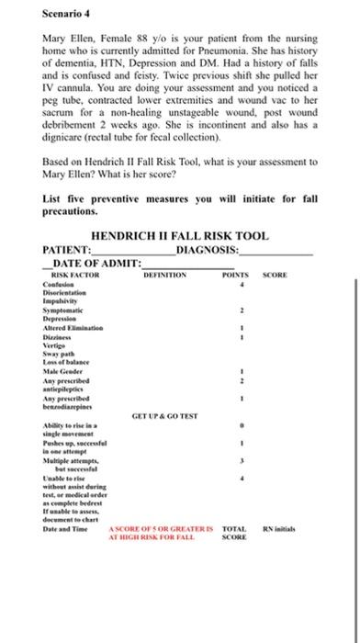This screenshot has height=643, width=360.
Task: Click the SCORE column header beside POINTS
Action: tap(276, 275)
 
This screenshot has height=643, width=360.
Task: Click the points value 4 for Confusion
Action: tap(240, 285)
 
